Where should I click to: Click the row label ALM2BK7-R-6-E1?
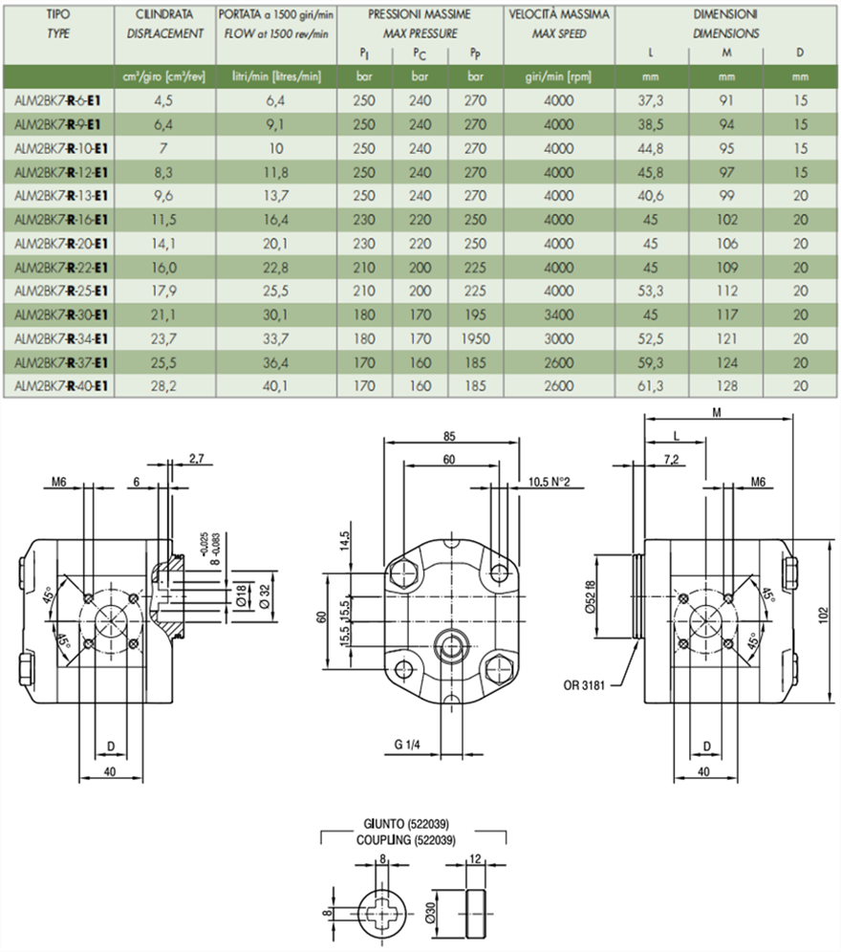60,100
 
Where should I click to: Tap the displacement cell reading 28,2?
163,385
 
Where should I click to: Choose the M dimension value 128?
726,385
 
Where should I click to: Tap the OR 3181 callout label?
585,684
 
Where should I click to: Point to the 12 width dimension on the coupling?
477,857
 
